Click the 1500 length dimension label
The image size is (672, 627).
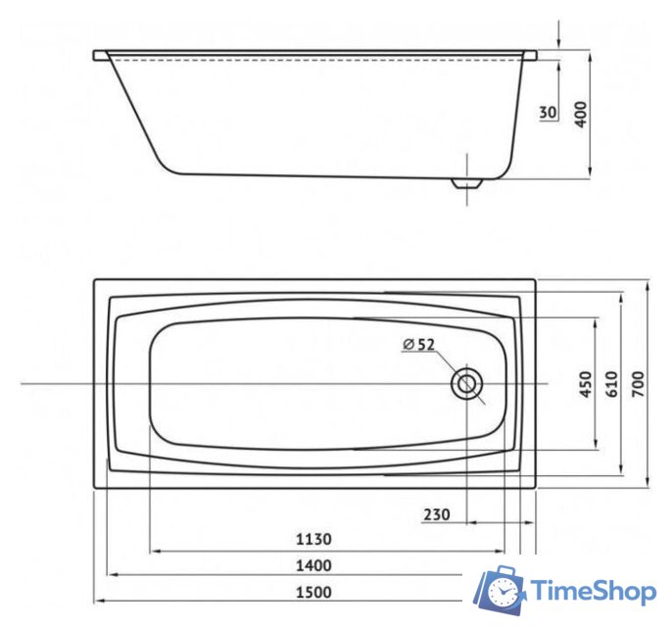click(x=314, y=592)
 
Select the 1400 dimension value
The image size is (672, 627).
click(x=314, y=565)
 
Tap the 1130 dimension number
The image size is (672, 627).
click(x=314, y=539)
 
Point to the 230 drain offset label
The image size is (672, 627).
click(x=438, y=514)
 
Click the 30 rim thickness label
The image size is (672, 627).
click(x=548, y=113)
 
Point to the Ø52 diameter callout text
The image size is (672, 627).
click(x=418, y=344)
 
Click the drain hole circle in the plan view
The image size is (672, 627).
click(x=466, y=384)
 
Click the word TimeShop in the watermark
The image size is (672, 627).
click(x=593, y=591)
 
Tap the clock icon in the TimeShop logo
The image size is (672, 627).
click(x=504, y=592)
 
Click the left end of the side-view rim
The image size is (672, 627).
click(x=98, y=55)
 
